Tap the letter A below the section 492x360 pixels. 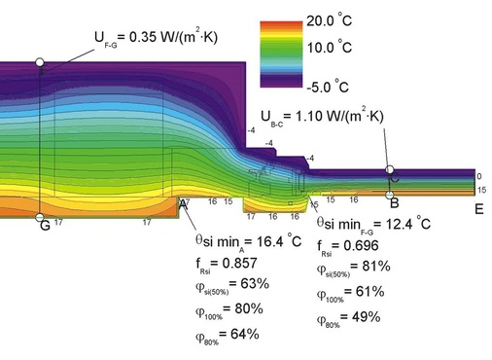[182, 204]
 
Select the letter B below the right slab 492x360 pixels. [393, 203]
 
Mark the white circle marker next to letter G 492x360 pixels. [39, 217]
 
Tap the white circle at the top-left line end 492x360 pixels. [40, 61]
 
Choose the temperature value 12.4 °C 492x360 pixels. [386, 225]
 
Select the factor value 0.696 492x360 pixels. [372, 249]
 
